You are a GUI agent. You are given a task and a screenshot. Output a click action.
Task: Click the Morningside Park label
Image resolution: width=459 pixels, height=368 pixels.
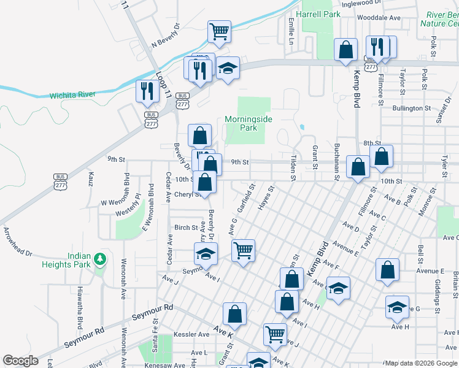tap(249, 123)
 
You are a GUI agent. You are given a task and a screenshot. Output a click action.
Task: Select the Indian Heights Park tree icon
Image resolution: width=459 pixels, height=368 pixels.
tap(100, 260)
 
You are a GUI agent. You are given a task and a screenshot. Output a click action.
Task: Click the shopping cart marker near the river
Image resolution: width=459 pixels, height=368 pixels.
tap(219, 31)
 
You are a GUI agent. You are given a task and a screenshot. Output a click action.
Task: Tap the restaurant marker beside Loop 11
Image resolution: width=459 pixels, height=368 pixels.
tap(147, 91)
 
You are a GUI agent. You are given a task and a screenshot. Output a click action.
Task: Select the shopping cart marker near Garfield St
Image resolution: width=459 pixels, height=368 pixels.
tap(244, 250)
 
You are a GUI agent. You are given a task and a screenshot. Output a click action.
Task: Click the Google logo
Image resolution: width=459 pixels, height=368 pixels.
tap(20, 361)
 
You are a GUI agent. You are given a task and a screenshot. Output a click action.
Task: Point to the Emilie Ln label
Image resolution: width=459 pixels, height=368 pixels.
tap(291, 30)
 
